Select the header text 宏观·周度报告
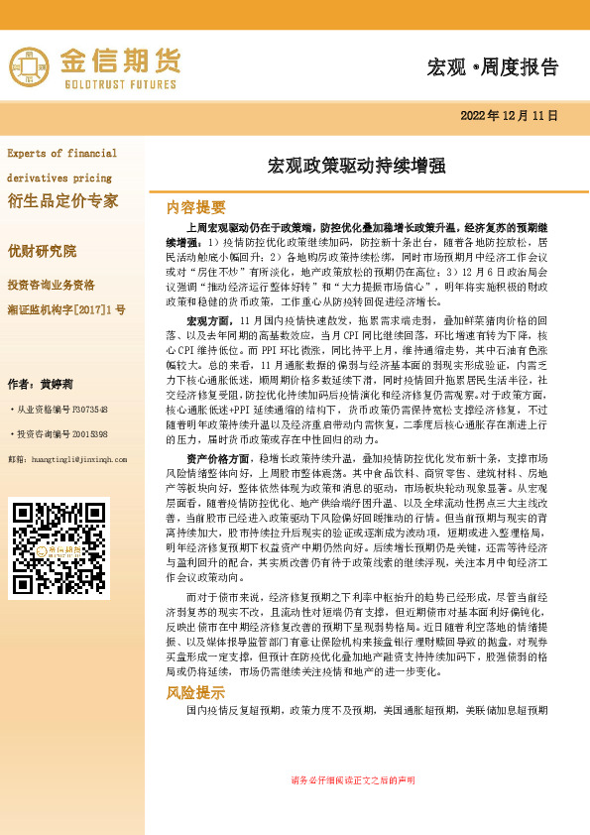pos(492,67)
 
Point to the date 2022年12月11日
pos(510,116)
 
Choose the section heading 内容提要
pos(196,207)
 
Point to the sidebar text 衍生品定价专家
pos(62,201)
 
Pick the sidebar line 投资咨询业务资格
pos(65,284)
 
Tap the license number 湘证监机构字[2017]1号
pos(66,310)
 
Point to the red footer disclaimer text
pos(353,779)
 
